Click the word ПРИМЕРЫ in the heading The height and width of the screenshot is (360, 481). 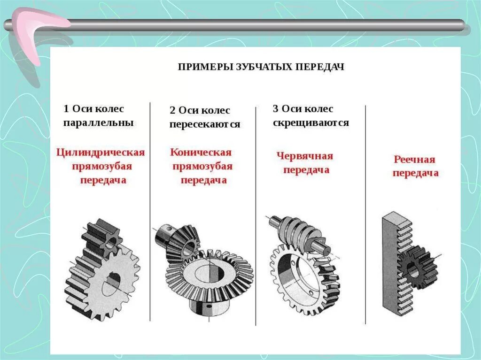tap(202, 67)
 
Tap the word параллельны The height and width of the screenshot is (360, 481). tap(98, 123)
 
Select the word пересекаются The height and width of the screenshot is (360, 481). tap(205, 125)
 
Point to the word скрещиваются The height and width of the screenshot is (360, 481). tap(310, 123)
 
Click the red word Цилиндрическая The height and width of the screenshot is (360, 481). tap(100, 153)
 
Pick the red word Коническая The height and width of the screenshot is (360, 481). tap(201, 153)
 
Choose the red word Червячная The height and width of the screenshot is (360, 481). tap(304, 156)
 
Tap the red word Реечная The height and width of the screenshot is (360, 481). tap(414, 160)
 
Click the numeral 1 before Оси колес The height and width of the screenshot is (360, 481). tap(66, 109)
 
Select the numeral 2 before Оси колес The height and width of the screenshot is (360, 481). tap(172, 111)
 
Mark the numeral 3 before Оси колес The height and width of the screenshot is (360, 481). tap(276, 109)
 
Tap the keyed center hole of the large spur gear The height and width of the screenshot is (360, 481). tap(112, 282)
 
